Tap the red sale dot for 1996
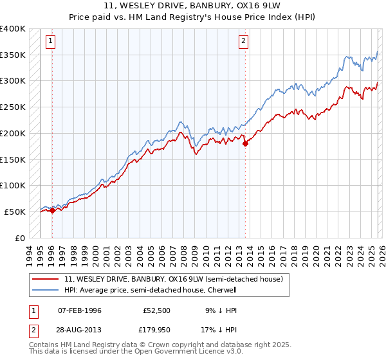(52, 210)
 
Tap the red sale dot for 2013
(245, 144)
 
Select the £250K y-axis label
(12, 107)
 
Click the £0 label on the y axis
(19, 238)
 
